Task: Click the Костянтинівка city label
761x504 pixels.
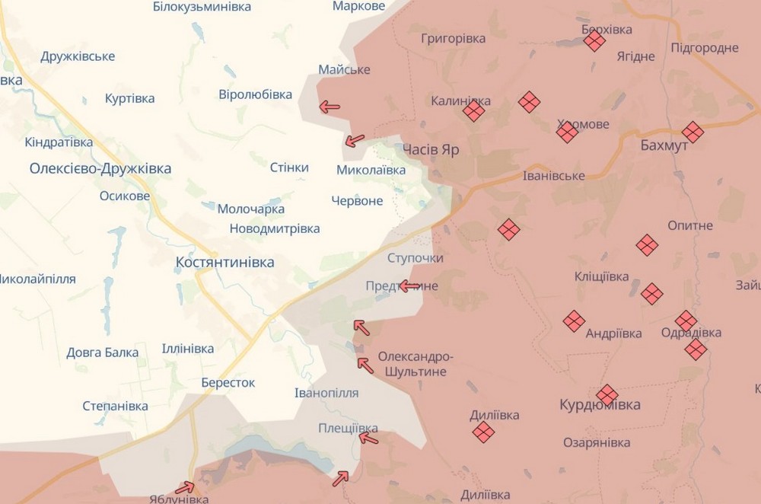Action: (224, 262)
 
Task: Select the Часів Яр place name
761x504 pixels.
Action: (431, 149)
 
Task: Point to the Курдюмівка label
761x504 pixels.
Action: (600, 404)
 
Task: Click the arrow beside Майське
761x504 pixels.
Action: (330, 107)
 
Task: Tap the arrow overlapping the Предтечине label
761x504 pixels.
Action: (410, 286)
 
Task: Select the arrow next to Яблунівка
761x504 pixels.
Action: (185, 487)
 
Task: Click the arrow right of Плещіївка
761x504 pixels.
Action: (368, 438)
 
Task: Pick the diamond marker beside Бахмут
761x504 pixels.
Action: (693, 132)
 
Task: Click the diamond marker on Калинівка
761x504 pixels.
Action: (473, 112)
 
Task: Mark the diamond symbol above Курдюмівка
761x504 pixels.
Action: (607, 394)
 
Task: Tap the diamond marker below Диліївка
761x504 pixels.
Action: (482, 432)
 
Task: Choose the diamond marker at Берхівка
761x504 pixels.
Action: (594, 41)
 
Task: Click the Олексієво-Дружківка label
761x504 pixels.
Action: (100, 168)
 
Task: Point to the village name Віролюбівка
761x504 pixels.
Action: (255, 94)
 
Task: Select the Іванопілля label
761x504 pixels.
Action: (326, 393)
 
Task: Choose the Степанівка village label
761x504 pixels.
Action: (115, 405)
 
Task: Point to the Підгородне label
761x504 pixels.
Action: (705, 48)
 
